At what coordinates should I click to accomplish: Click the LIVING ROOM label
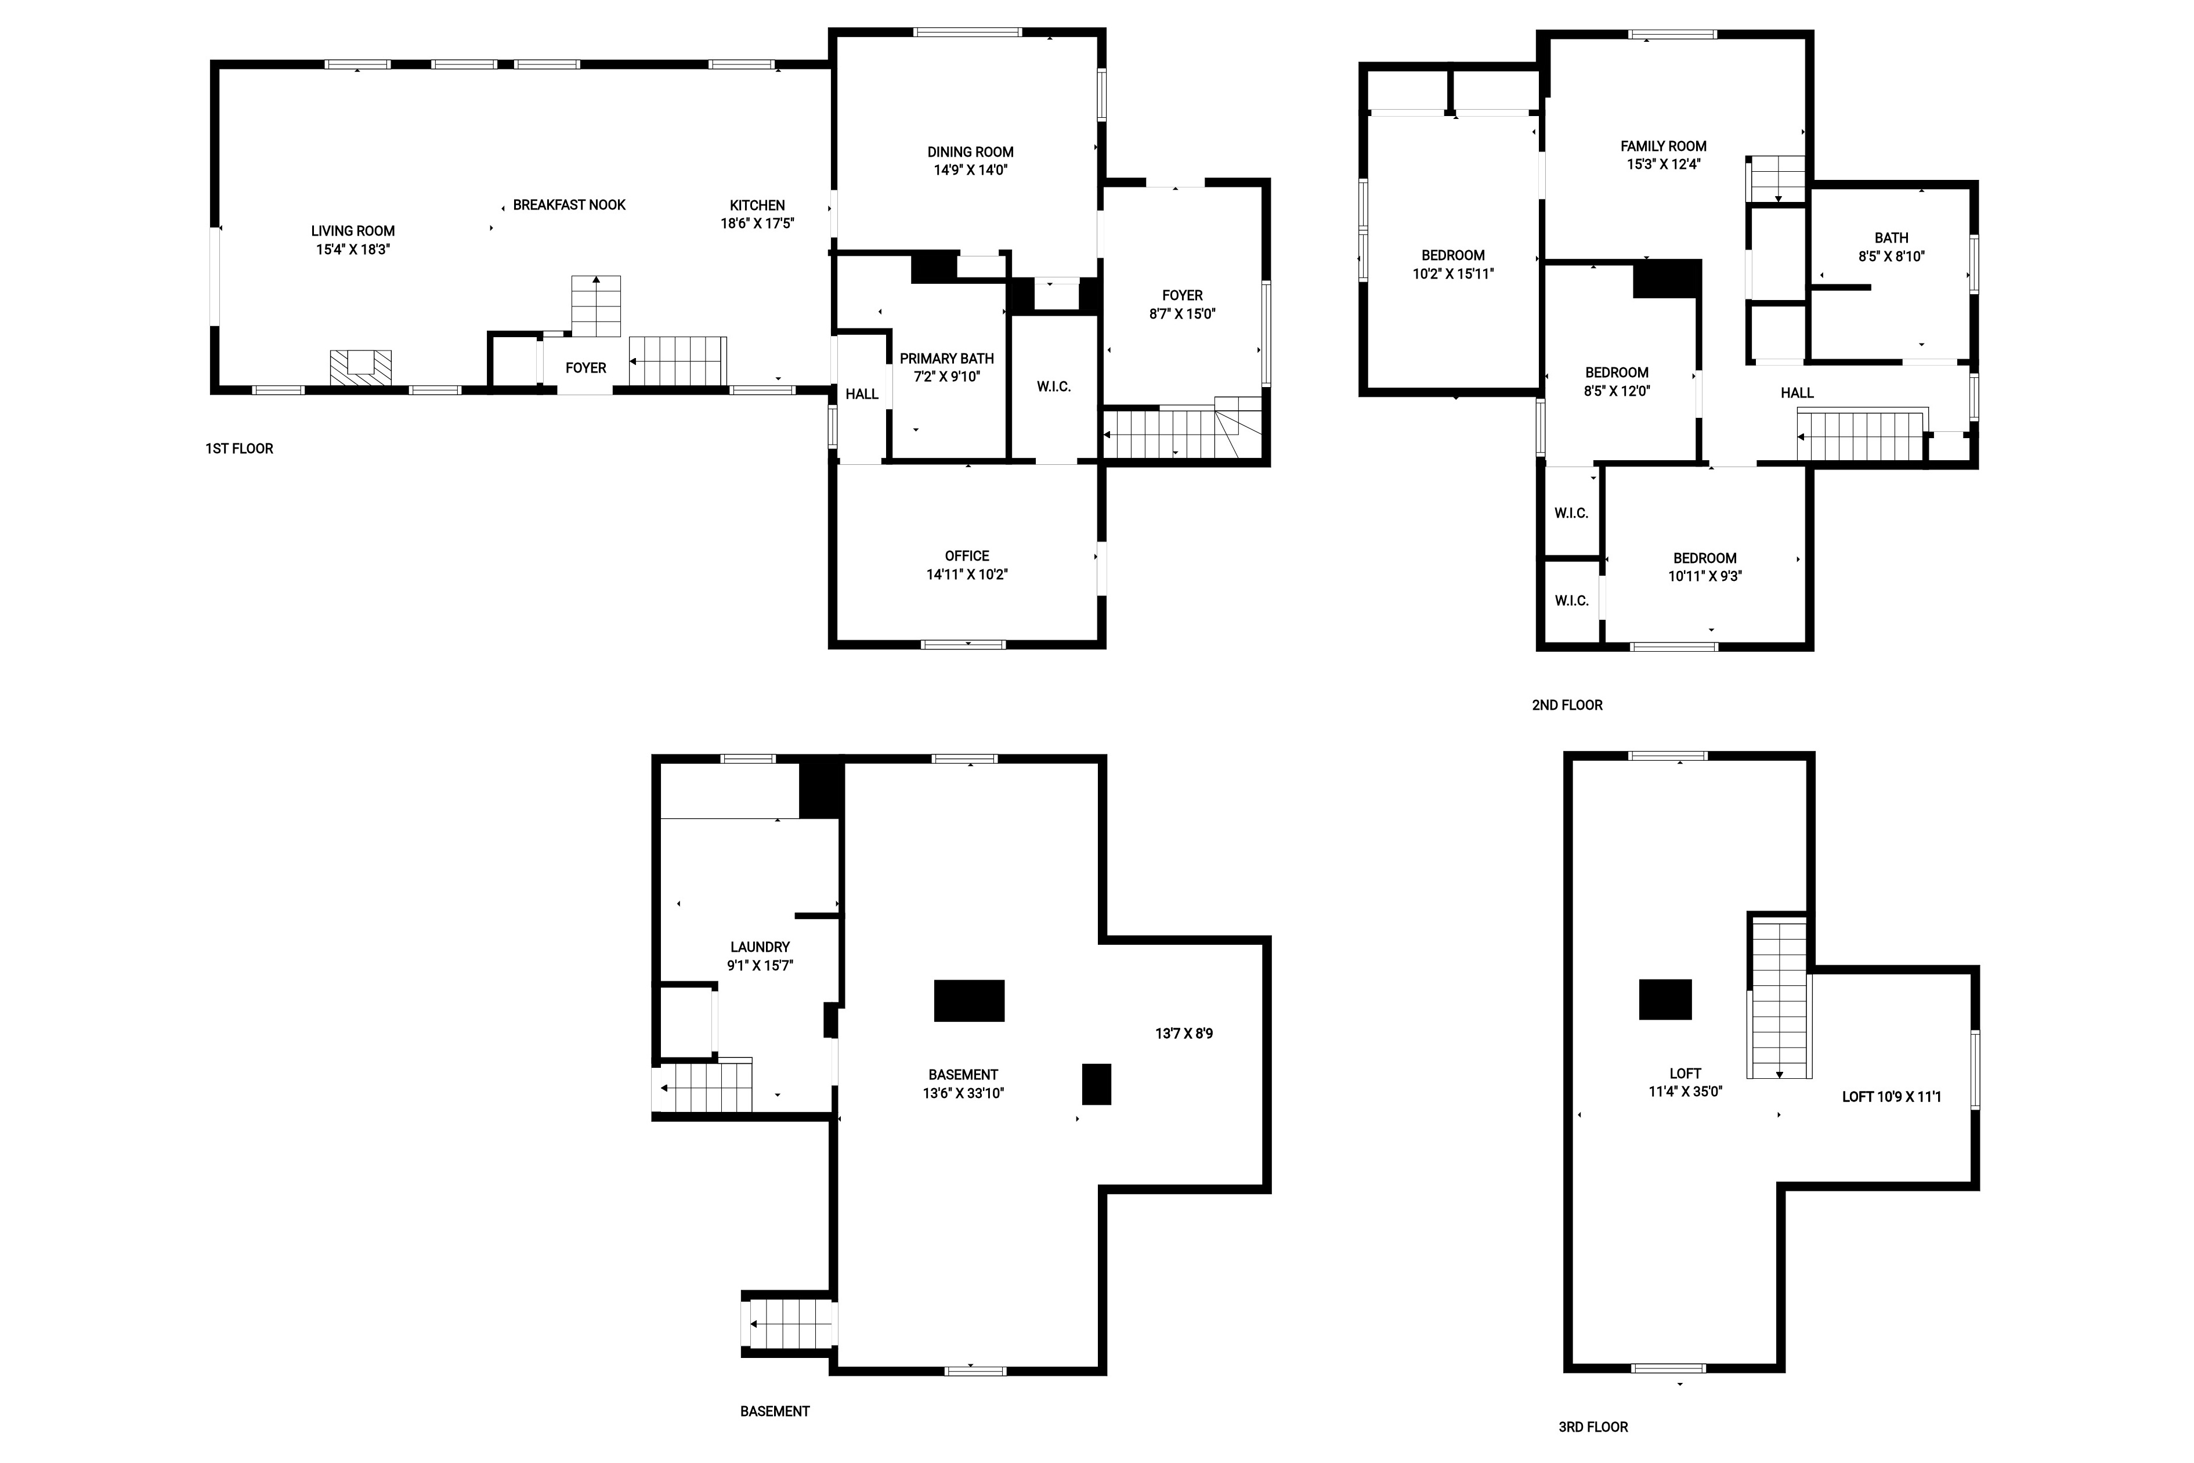[353, 230]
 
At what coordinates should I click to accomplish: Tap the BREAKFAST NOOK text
[569, 204]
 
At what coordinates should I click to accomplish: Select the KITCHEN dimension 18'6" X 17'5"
[757, 223]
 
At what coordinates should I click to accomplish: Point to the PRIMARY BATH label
[947, 358]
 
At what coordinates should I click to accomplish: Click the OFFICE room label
[967, 555]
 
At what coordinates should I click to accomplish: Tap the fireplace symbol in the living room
[360, 367]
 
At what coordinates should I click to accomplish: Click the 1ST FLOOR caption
[240, 449]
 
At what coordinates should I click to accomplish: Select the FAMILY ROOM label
[1663, 146]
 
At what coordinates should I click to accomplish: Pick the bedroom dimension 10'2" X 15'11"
[1454, 273]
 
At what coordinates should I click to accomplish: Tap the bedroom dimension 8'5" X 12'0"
[1617, 391]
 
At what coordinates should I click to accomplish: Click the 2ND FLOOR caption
[1567, 705]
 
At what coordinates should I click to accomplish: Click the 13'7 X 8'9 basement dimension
[1184, 1033]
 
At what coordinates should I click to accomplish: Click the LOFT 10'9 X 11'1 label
[1892, 1096]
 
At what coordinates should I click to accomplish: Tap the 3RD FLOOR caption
[1593, 1426]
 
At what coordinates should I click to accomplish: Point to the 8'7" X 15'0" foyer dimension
[1182, 313]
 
